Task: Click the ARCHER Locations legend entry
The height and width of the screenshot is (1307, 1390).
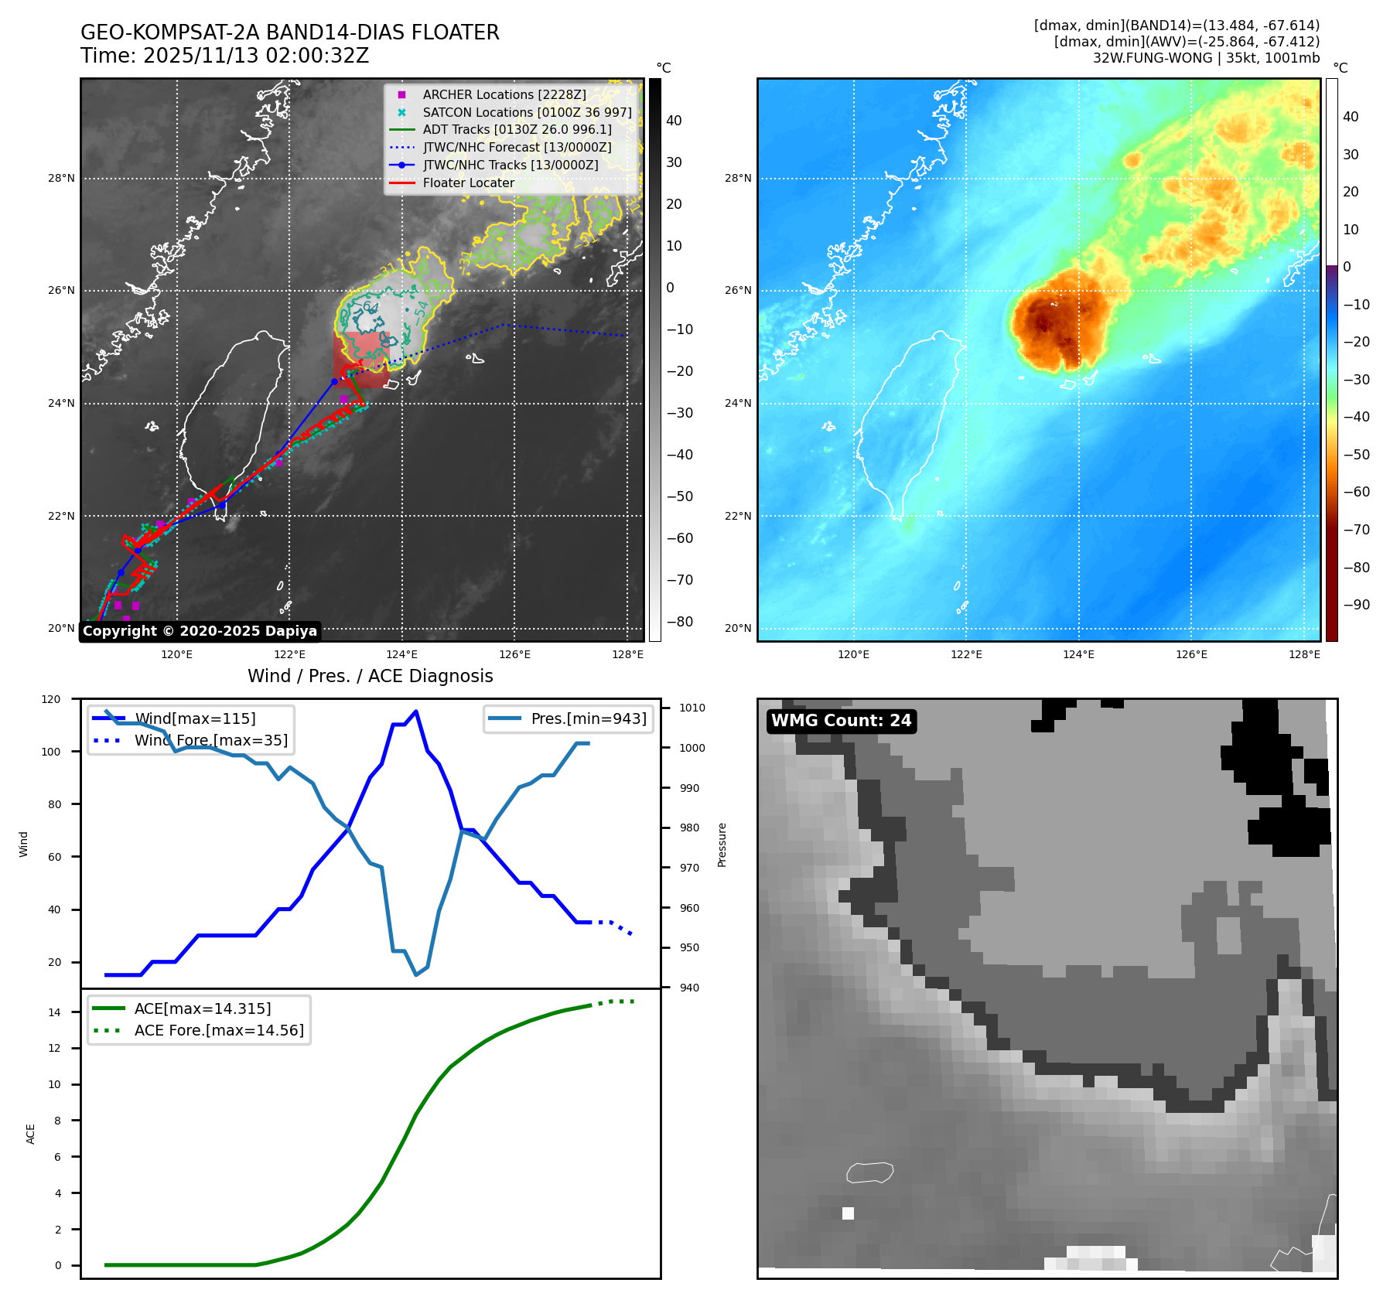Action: coord(504,94)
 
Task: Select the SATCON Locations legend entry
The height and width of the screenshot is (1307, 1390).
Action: coord(527,112)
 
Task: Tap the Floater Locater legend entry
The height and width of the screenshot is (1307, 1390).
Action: coord(468,183)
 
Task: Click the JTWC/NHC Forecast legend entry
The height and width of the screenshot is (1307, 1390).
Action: coord(517,147)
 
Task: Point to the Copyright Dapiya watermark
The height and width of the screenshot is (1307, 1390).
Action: coord(200,631)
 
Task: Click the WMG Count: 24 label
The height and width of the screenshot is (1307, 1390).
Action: coord(841,721)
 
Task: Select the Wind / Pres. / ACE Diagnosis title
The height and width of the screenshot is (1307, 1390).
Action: coord(370,676)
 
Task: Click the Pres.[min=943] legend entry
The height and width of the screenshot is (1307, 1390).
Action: coord(588,718)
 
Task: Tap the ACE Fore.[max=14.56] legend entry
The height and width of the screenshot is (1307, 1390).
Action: coord(219,1030)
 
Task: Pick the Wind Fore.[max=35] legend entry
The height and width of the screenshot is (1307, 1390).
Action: coord(210,740)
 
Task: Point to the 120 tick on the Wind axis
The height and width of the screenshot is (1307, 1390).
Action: coord(51,699)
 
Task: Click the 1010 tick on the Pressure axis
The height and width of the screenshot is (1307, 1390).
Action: coord(692,708)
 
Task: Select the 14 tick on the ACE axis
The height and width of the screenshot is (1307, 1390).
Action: coord(54,1012)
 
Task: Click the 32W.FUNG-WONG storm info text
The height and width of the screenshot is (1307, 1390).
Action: coord(1206,58)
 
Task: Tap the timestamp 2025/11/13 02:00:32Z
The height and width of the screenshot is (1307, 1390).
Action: coord(256,56)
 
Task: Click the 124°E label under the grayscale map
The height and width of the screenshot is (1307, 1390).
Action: coord(402,654)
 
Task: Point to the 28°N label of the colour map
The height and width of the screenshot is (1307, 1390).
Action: coord(738,178)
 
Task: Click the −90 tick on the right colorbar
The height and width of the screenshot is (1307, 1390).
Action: coord(1356,605)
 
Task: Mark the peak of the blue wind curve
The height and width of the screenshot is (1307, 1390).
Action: coord(416,711)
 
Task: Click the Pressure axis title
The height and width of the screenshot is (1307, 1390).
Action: coord(722,844)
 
